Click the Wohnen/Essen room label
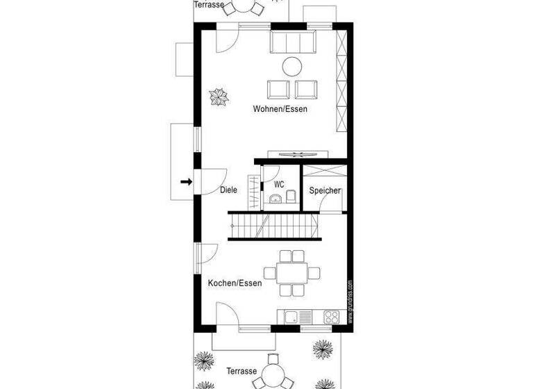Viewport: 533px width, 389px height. tap(280, 109)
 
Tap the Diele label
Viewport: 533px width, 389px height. tap(228, 190)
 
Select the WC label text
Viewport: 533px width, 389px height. tap(279, 184)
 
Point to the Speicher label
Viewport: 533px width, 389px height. tap(325, 190)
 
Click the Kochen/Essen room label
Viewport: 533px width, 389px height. tap(235, 283)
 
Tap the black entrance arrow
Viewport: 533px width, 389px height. tap(185, 182)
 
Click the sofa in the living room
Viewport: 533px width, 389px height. tap(291, 43)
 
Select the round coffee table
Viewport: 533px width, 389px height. tap(291, 66)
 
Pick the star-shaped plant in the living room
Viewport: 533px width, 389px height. tap(219, 97)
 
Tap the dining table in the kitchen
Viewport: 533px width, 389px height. tap(291, 272)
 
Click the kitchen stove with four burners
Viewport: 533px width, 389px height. tap(332, 317)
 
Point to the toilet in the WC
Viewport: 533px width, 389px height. tap(291, 197)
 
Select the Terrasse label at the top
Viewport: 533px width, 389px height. tap(209, 5)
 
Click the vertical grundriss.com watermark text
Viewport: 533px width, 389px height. tap(350, 301)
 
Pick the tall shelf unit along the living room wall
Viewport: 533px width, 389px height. tap(340, 83)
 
